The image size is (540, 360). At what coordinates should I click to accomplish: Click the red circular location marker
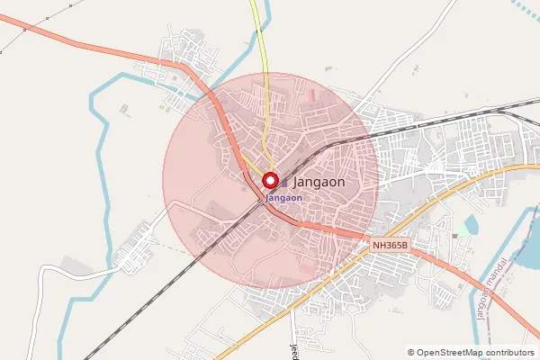tap(270, 181)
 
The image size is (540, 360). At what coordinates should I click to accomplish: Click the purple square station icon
tap(284, 182)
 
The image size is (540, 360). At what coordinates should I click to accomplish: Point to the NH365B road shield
tap(391, 244)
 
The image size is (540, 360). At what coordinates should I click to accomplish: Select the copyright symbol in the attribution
tap(411, 353)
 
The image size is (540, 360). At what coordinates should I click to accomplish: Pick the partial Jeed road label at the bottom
tap(292, 351)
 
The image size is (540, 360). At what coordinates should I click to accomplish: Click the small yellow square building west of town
tap(163, 108)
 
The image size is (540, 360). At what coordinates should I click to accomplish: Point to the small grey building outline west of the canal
tap(123, 107)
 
